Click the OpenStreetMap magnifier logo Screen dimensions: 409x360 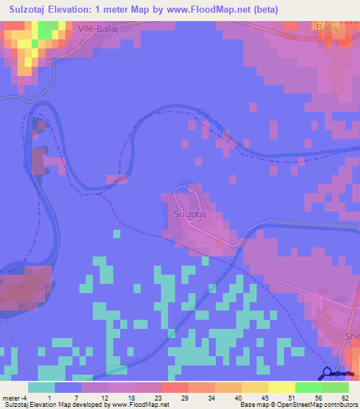click(x=328, y=373)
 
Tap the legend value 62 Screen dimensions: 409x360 click(x=345, y=397)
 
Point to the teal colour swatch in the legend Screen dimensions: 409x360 click(x=41, y=387)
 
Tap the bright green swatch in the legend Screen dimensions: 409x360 click(x=308, y=387)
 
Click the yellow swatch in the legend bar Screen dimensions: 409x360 click(x=281, y=387)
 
